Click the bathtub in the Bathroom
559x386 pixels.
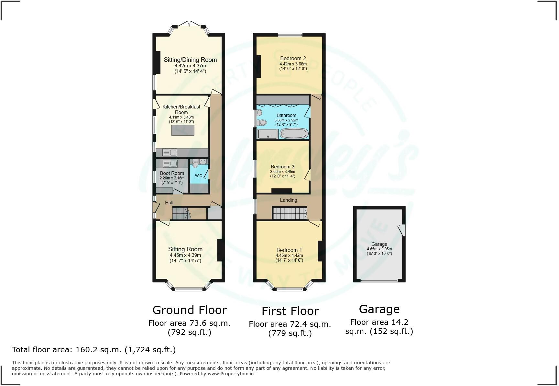pos(294,133)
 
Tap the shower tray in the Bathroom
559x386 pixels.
pos(268,134)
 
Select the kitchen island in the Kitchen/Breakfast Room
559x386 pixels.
pos(183,130)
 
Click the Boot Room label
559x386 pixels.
pos(172,173)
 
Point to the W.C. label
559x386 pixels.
pos(199,176)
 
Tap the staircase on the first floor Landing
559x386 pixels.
pos(290,214)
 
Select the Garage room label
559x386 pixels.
pos(379,244)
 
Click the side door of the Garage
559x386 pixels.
pos(402,230)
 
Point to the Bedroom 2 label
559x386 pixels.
pos(293,58)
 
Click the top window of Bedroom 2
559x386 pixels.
pos(290,35)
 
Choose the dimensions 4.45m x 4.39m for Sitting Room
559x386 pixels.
pos(185,255)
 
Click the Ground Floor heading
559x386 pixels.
pos(189,310)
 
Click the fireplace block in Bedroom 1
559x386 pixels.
pos(320,251)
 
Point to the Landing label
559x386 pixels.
pos(288,200)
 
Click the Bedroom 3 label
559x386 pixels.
pos(282,167)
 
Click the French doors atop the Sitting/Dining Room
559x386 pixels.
pos(189,24)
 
